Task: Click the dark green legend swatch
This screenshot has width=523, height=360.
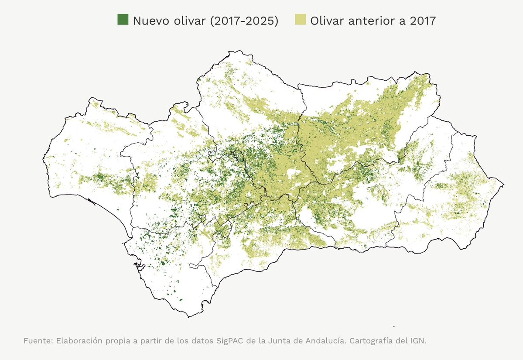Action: click(123, 20)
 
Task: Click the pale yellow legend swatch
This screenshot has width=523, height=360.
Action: click(300, 20)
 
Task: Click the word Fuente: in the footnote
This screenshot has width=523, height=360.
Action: click(38, 340)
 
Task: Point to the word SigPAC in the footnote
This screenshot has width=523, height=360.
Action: click(230, 340)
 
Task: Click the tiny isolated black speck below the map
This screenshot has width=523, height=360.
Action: click(393, 326)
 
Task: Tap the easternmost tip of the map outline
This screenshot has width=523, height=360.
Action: click(504, 185)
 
